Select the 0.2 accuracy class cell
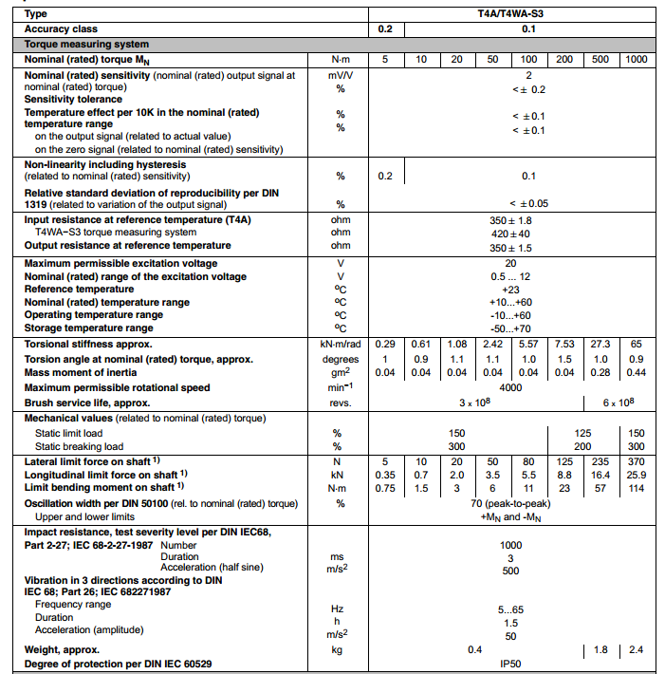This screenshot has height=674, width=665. point(385,29)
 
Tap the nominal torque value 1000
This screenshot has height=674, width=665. point(635,60)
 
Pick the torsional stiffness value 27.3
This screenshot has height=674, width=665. point(600,344)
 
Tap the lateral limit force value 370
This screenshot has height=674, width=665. point(635,461)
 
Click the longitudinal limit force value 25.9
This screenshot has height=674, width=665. point(635,475)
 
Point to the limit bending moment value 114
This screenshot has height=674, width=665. point(635,488)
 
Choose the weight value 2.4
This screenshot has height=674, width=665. point(635,649)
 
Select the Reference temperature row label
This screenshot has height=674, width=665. point(87,289)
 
